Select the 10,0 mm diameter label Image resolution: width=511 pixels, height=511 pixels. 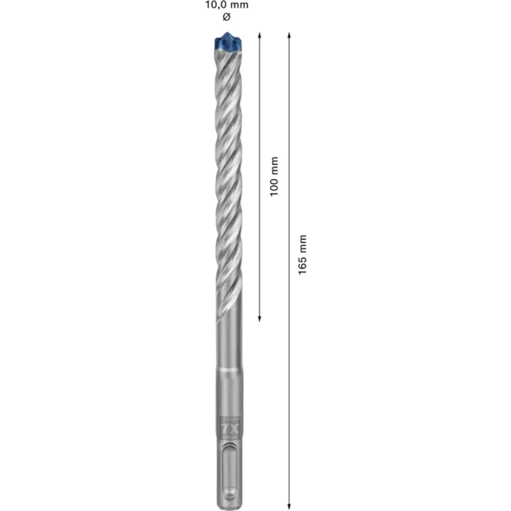click(225, 5)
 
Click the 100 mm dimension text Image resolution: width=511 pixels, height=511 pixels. click(273, 176)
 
